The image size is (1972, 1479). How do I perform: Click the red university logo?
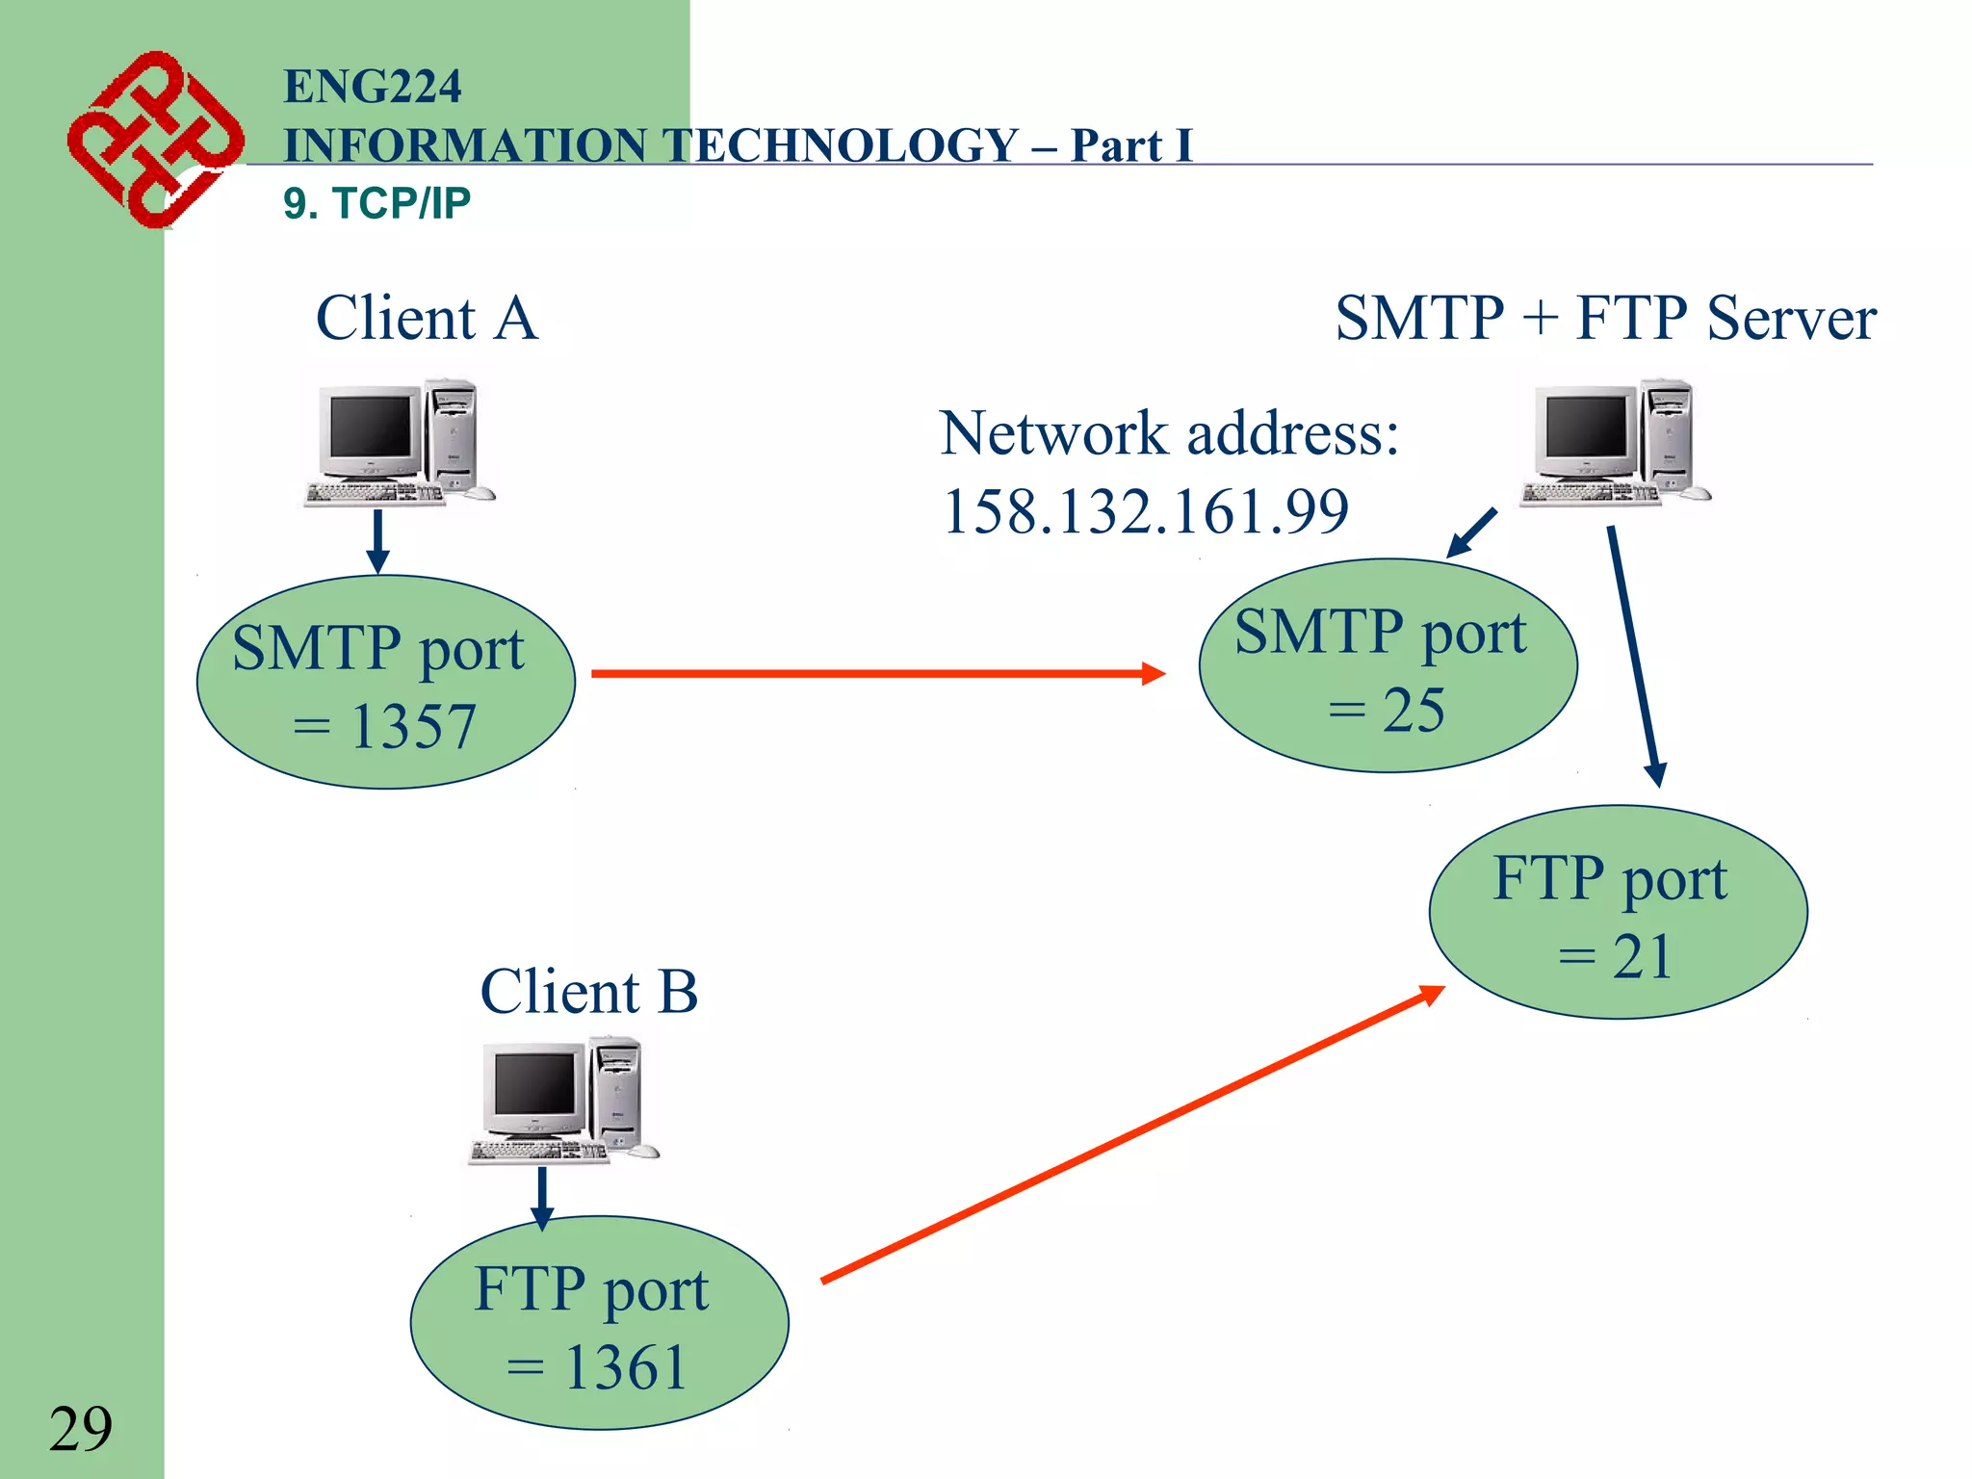click(x=154, y=140)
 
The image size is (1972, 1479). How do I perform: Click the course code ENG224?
click(x=372, y=87)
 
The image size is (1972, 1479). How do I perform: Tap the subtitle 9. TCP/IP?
click(x=376, y=203)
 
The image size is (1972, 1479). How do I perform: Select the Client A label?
click(x=427, y=319)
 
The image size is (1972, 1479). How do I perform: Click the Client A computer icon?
click(x=398, y=443)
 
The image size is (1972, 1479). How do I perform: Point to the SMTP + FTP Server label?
click(x=1605, y=319)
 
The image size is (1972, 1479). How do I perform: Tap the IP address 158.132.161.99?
click(x=1145, y=511)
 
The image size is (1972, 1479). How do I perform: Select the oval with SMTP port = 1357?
click(x=385, y=683)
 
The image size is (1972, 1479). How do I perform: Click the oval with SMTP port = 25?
click(x=1387, y=666)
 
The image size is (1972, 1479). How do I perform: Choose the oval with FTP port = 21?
click(x=1618, y=913)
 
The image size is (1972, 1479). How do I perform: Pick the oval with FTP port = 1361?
click(x=599, y=1323)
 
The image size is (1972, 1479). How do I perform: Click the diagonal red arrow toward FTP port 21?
click(x=1131, y=1134)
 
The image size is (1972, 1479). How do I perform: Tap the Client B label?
click(x=588, y=992)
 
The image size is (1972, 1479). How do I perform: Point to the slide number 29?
click(x=81, y=1429)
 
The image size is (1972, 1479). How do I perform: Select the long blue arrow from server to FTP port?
click(x=1634, y=655)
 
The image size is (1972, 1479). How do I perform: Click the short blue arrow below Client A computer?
click(x=378, y=540)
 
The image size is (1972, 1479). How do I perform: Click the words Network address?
click(x=1169, y=433)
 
